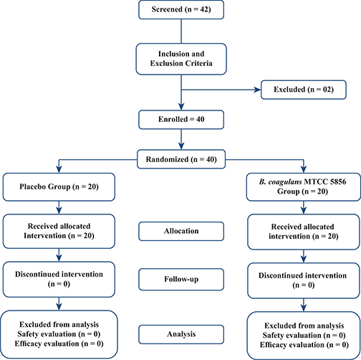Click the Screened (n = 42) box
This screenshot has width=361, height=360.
(182, 11)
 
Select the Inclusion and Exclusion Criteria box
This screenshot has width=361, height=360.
(182, 58)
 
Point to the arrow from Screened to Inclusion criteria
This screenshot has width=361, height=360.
(182, 33)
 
